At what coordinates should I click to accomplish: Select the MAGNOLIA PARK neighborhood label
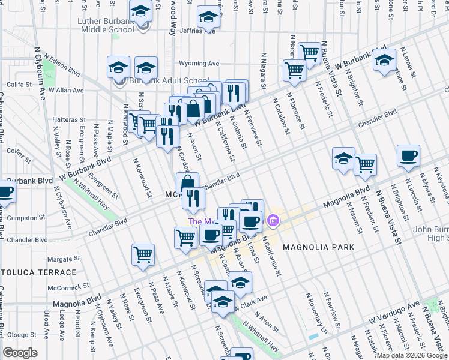point(318,247)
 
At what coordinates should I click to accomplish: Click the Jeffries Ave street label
point(197,30)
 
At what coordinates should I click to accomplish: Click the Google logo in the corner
point(20,352)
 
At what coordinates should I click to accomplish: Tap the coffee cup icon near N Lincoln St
point(408,155)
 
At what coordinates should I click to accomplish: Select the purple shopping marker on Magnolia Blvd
point(273,221)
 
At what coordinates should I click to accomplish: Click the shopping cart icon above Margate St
point(143,254)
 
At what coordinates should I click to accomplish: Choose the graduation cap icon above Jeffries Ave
point(208,17)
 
